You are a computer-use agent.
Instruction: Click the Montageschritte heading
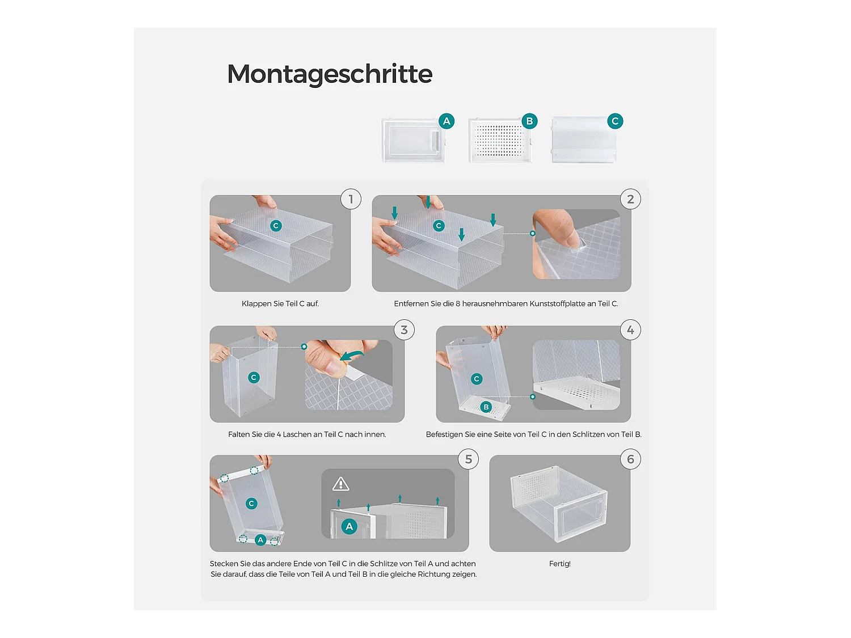(330, 74)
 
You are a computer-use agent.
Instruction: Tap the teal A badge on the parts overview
(446, 121)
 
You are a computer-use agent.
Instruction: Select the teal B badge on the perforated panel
(529, 121)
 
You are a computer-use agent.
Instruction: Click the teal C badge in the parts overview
(615, 121)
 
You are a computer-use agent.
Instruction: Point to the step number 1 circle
(351, 199)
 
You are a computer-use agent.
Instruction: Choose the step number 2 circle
(630, 199)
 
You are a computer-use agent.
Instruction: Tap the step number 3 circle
(404, 329)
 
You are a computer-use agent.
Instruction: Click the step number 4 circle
(630, 329)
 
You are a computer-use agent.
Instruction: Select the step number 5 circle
(469, 459)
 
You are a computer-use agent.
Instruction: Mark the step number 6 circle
(630, 459)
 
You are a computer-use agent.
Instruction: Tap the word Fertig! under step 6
(560, 564)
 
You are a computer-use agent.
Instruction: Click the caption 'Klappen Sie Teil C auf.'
(280, 304)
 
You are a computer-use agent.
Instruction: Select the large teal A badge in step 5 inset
(349, 526)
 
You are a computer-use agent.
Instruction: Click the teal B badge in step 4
(486, 407)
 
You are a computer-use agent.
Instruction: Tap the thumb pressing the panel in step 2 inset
(558, 229)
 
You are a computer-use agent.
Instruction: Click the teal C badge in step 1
(276, 226)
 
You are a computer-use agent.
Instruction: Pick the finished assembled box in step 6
(559, 503)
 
